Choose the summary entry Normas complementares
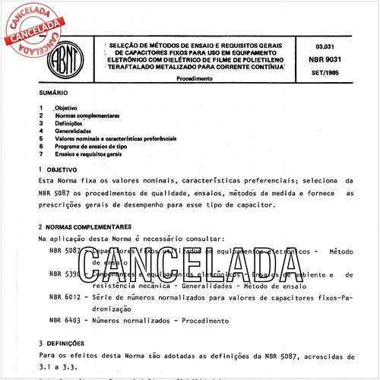tap(87, 116)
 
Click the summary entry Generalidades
tap(74, 131)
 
